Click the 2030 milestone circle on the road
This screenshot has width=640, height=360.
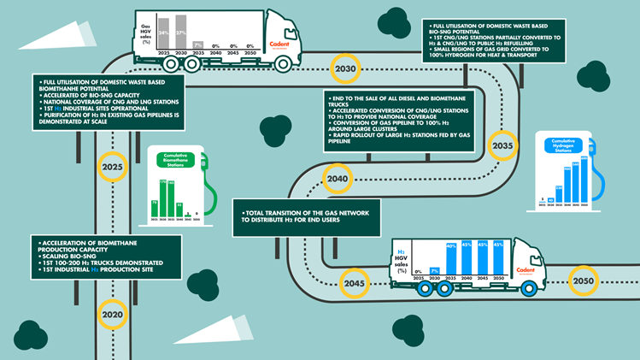point(346,68)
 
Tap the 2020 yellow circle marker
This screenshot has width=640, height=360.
point(111,315)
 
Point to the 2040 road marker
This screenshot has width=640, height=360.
point(337,180)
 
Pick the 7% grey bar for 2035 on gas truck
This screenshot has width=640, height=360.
point(198,44)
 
